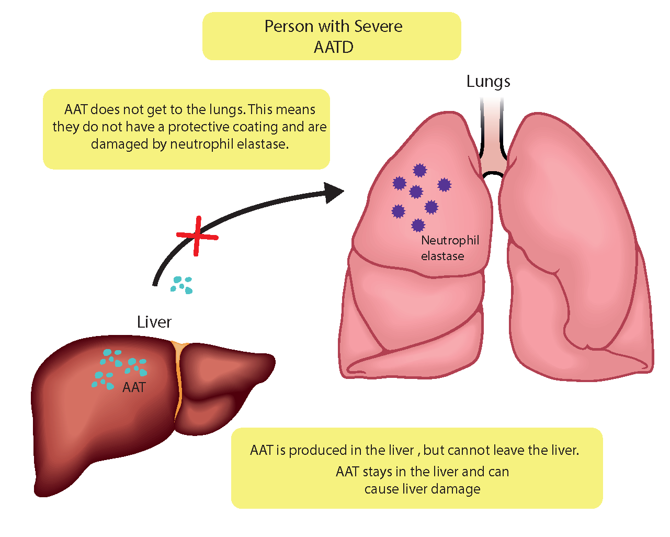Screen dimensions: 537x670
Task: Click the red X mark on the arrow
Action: click(197, 236)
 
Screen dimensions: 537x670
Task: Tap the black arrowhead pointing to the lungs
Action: click(333, 193)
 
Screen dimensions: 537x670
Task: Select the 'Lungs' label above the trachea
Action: click(488, 82)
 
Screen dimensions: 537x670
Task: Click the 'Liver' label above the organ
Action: click(154, 322)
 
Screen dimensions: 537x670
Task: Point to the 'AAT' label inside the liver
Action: click(134, 387)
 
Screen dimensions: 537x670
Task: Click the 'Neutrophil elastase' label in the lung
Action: click(450, 248)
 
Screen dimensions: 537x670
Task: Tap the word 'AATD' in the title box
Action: click(334, 47)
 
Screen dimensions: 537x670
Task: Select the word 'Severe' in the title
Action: click(378, 26)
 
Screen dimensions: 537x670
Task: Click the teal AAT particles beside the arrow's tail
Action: click(182, 285)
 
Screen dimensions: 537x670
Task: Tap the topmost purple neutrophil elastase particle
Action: click(419, 170)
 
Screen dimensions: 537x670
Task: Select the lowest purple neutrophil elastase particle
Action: click(418, 225)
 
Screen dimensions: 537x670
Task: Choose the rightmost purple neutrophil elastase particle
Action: click(444, 185)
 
